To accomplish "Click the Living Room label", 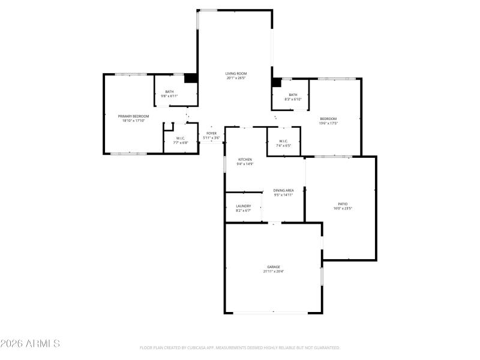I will pos(236,73).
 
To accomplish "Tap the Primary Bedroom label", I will pos(133,116).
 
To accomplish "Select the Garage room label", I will pos(274,266).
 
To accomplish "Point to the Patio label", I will pos(343,204).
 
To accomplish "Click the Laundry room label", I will pos(243,206).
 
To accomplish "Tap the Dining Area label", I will pos(284,190).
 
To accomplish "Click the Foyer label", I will pos(211,133).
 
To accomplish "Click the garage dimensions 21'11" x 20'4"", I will pos(274,271).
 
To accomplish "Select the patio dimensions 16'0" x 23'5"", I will pos(343,209).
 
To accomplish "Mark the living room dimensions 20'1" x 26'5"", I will pos(236,78).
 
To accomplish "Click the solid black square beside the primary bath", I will pos(190,78).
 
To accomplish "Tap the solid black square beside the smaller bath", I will pos(277,82).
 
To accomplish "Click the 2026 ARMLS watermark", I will pos(30,344).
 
